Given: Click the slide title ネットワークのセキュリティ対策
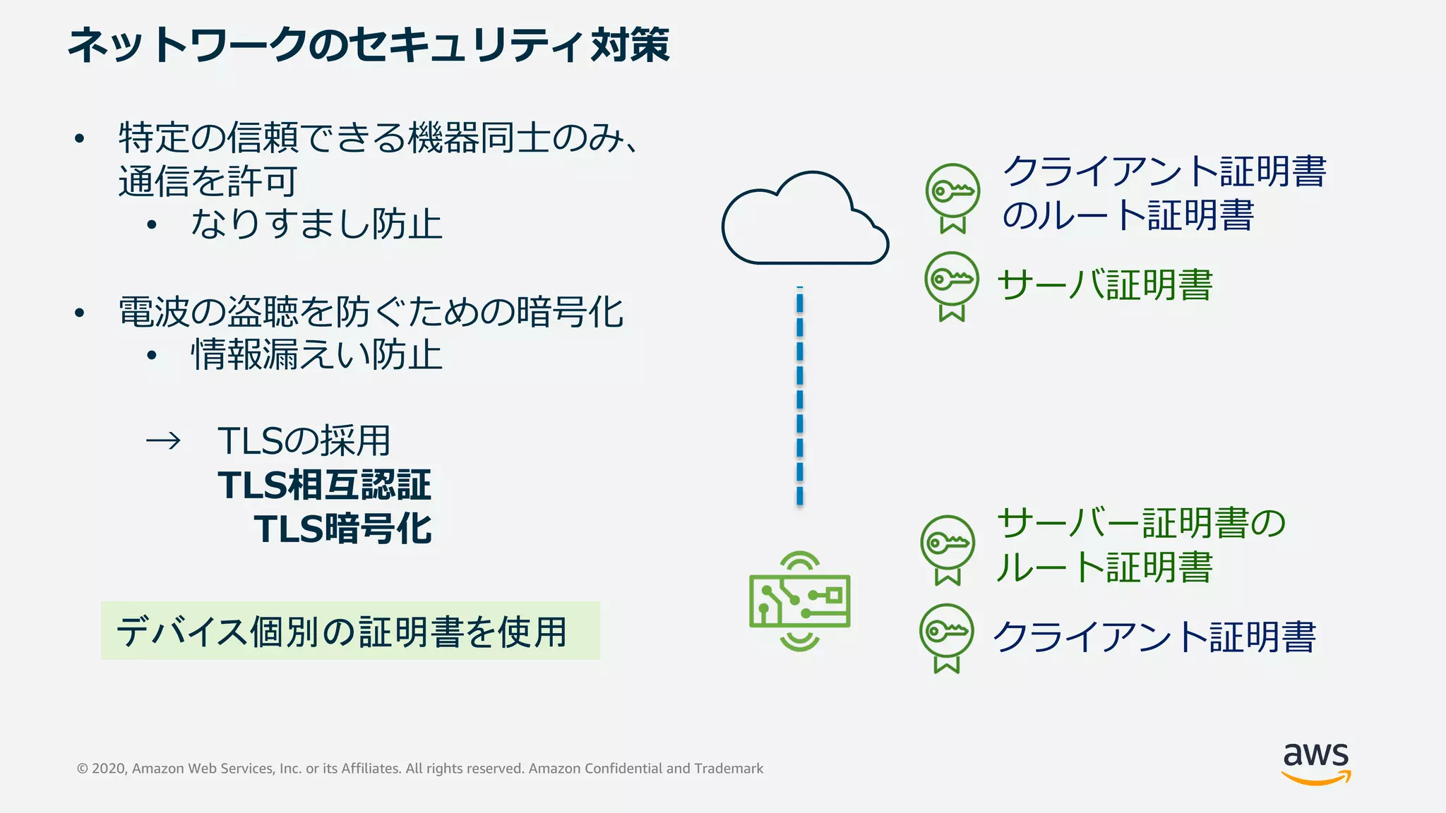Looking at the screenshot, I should pyautogui.click(x=368, y=45).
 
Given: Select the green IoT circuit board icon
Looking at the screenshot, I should pyautogui.click(x=800, y=601).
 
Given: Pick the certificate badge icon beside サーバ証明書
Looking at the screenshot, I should pyautogui.click(x=952, y=285).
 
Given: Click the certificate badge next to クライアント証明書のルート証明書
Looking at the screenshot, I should pyautogui.click(x=952, y=197).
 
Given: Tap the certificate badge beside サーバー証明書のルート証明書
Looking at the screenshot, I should pyautogui.click(x=948, y=549).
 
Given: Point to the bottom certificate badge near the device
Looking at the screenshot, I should pyautogui.click(x=947, y=637).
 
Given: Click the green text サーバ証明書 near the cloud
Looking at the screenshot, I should pyautogui.click(x=1104, y=285).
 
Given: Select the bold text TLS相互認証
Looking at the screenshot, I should pyautogui.click(x=324, y=486).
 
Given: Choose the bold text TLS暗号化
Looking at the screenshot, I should pyautogui.click(x=342, y=529).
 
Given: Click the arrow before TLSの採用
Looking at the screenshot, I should pyautogui.click(x=163, y=442).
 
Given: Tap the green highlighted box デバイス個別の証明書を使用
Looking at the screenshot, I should pyautogui.click(x=350, y=631).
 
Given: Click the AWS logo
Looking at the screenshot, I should pyautogui.click(x=1315, y=763).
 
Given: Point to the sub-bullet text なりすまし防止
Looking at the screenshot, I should pyautogui.click(x=316, y=225).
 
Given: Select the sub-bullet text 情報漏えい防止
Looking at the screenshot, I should pyautogui.click(x=316, y=355).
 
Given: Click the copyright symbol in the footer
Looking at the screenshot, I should pyautogui.click(x=83, y=769).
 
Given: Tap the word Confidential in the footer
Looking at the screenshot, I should pyautogui.click(x=623, y=769).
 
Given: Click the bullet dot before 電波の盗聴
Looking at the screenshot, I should pyautogui.click(x=80, y=313).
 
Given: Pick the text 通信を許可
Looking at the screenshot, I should pyautogui.click(x=208, y=181).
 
